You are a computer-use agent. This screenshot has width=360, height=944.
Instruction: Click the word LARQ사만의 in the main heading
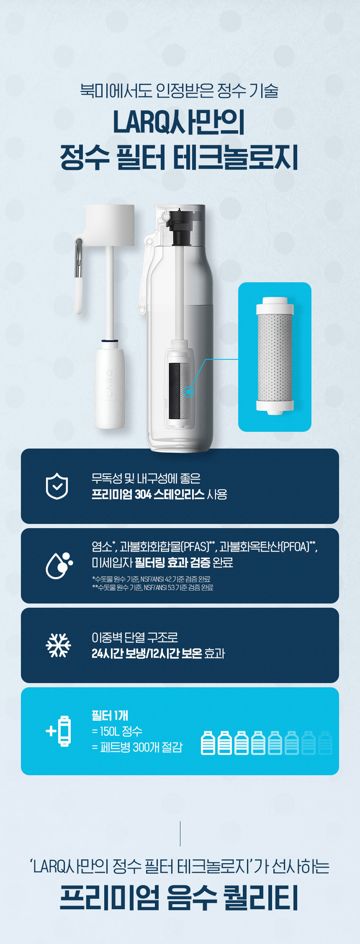coord(179,122)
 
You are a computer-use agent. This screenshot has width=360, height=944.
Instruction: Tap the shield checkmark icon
coord(57,486)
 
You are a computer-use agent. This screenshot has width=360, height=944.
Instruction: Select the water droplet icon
coord(59,565)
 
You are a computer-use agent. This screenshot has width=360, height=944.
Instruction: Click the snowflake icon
coord(58,645)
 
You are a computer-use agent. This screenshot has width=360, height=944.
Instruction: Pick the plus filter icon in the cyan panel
coord(58,731)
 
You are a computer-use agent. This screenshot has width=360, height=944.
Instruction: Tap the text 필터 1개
coord(110,715)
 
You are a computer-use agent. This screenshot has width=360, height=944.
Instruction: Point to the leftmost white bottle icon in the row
coord(208,743)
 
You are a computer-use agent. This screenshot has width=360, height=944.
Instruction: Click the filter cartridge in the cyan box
coord(275,356)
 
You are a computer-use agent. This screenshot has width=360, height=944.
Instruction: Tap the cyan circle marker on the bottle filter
coord(189,392)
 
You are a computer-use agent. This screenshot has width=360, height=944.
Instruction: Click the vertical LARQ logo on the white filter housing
coord(109,383)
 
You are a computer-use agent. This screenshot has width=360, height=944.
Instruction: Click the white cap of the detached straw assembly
coord(110,225)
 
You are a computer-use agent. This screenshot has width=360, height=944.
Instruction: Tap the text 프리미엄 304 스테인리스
coord(148,494)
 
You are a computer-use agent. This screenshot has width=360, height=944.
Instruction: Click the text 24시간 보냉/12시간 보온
coord(147,653)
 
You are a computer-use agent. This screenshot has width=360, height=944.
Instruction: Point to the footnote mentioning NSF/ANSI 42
coord(151,579)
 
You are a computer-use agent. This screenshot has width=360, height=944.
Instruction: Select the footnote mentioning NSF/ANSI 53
coord(152,588)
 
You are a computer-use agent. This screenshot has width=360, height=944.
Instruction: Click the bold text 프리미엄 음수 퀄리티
coord(179,898)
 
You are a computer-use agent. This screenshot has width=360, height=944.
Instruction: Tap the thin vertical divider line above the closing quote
coord(180,834)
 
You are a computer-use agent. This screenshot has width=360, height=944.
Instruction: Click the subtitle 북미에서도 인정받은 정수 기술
coord(179,90)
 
